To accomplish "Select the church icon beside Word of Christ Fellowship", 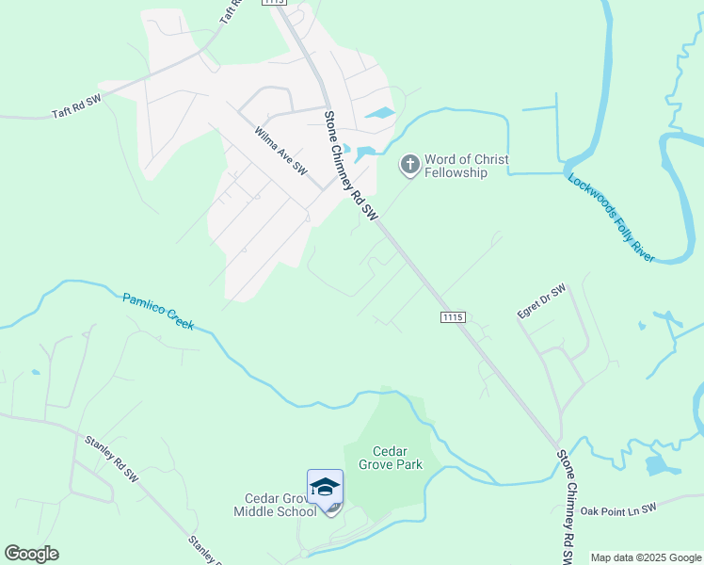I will click(409, 166).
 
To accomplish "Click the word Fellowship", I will click(456, 172).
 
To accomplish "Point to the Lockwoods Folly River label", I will click(611, 218).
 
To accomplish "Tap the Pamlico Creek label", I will click(158, 311).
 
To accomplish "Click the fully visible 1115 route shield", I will click(452, 318).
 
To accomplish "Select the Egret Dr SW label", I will click(541, 302).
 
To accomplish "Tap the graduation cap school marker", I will click(325, 487).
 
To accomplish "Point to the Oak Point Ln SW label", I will click(617, 509).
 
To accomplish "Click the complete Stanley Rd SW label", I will click(111, 459).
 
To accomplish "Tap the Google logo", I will click(31, 554).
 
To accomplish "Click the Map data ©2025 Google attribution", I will click(647, 557).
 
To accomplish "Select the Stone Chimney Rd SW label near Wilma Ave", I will click(351, 168).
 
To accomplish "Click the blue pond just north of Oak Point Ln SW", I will click(661, 464).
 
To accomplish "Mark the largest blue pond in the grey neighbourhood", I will click(380, 114).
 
